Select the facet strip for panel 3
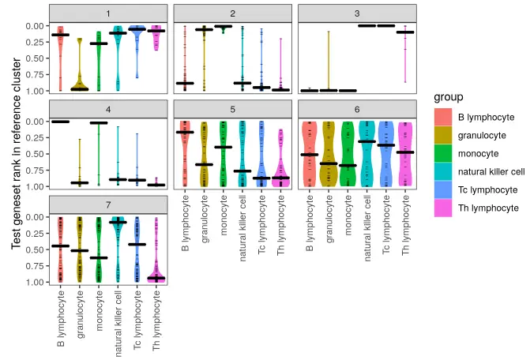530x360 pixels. [357, 13]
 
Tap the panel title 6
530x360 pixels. [357, 109]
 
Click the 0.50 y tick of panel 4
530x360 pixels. [35, 154]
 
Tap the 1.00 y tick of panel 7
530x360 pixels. [35, 283]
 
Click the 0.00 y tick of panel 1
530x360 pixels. [35, 26]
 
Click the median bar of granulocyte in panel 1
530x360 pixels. [80, 89]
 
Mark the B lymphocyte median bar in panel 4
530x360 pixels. [60, 122]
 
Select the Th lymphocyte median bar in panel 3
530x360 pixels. [405, 32]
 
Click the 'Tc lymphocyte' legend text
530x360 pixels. [487, 190]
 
